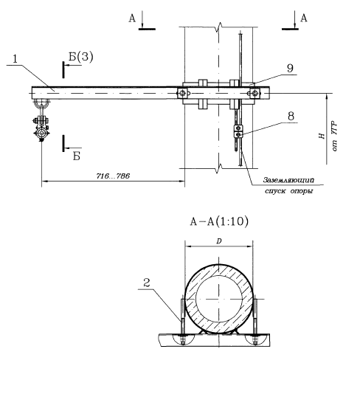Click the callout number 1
pos(15,59)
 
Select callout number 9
pos(290,68)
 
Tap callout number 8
pos(291,116)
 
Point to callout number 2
pos(147,283)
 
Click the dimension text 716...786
pos(113,176)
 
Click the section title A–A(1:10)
pos(219,221)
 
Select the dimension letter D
pos(219,241)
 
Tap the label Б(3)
pos(81,57)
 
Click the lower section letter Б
pos(77,156)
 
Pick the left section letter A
pos(132,18)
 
